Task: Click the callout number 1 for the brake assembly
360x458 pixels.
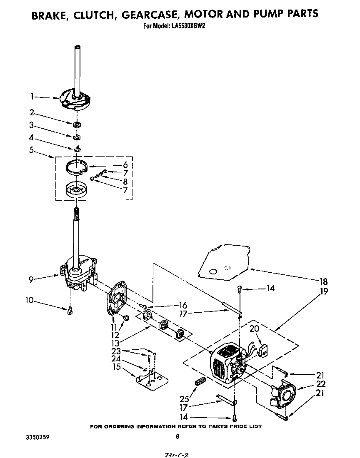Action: click(x=32, y=97)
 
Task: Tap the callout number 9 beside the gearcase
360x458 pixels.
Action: click(x=32, y=280)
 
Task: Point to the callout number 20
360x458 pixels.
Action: click(x=253, y=329)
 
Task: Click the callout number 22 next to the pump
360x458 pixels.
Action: click(x=320, y=384)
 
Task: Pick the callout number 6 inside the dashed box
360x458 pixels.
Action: click(x=125, y=165)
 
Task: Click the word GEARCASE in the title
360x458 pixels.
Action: click(x=149, y=14)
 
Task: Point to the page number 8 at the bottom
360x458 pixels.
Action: click(x=177, y=437)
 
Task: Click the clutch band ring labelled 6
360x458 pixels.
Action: click(x=77, y=167)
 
